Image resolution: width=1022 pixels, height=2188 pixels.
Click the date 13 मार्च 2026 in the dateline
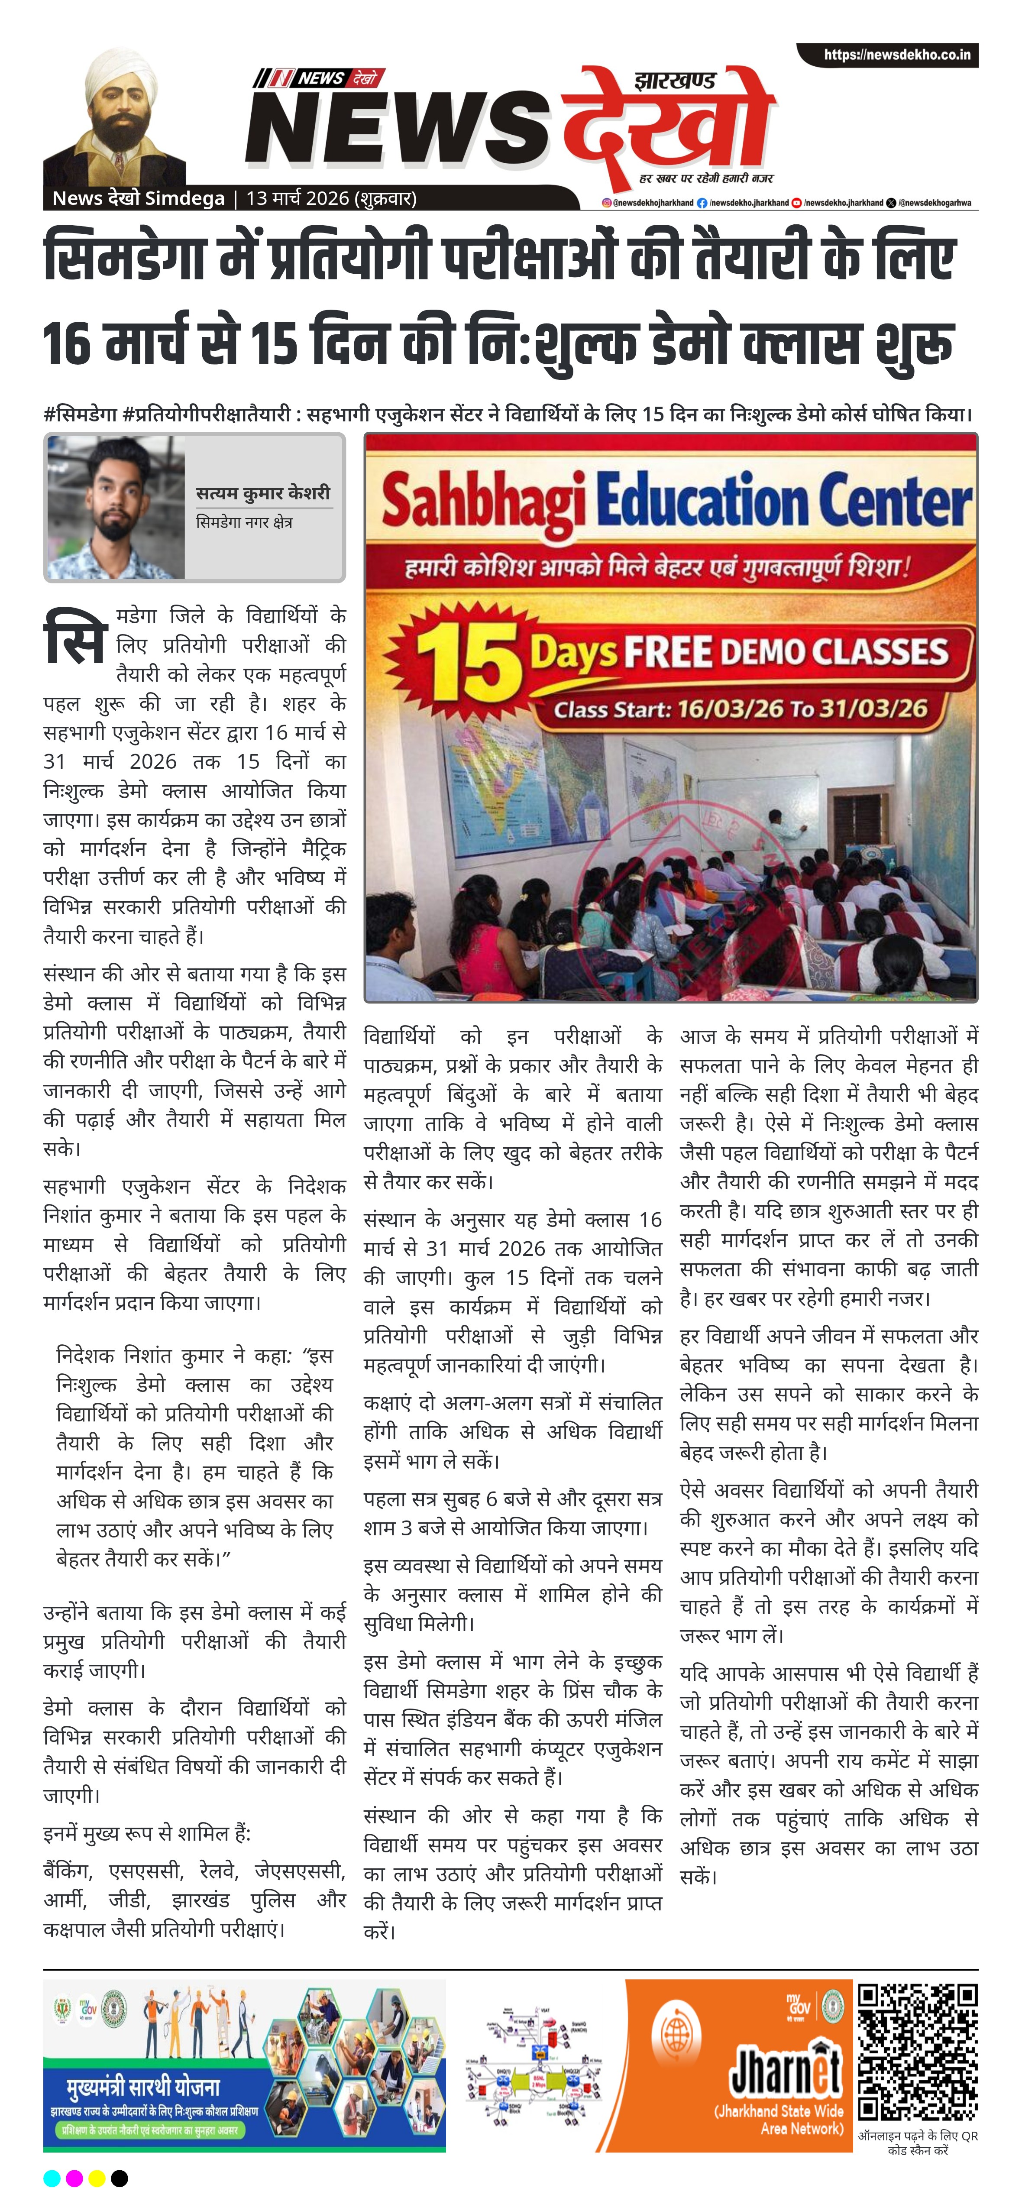298,198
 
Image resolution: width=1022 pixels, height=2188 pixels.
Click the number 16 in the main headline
68,344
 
